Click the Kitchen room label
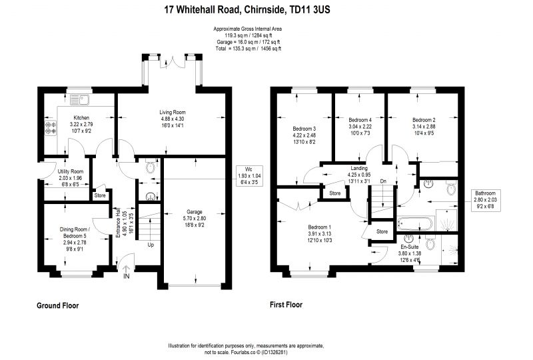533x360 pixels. tap(81, 118)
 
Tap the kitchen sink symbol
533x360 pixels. tap(79, 100)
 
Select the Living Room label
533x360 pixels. tap(173, 112)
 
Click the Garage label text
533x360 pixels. tap(195, 211)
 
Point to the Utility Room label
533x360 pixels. tap(71, 171)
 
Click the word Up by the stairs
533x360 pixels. tap(151, 245)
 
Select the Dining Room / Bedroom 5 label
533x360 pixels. tap(75, 233)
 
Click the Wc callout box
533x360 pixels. tap(249, 176)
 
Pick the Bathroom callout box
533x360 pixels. tap(485, 199)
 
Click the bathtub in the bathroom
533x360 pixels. tap(416, 224)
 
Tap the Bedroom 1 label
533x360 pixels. tap(320, 227)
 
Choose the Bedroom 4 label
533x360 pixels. tap(360, 120)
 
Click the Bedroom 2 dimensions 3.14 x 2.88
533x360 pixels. tap(424, 127)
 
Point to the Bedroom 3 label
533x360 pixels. tap(304, 129)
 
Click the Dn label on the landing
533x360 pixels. tap(384, 181)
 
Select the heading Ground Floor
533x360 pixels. tap(57, 305)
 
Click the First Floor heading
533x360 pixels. tap(286, 305)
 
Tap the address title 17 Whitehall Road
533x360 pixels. tap(203, 9)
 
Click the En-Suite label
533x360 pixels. tap(409, 247)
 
